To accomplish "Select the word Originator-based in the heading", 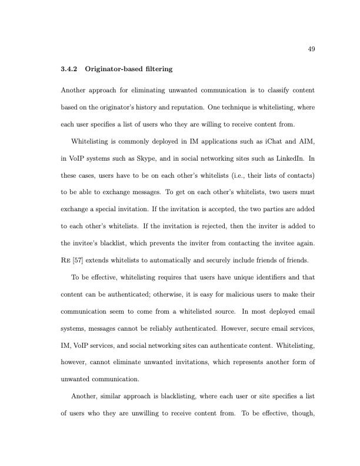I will tap(111, 69).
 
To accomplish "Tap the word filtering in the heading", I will tap(155, 69).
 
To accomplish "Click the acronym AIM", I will tap(292, 141).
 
